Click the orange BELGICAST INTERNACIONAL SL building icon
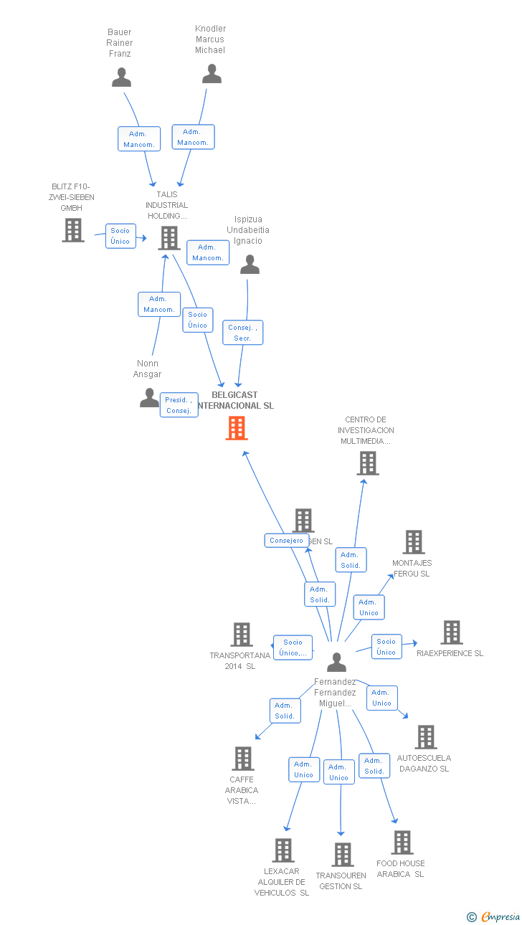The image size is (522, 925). (237, 428)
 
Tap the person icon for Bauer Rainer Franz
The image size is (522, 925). (121, 77)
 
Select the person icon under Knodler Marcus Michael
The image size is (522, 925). (212, 74)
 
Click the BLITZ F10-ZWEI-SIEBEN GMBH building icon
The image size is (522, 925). (73, 230)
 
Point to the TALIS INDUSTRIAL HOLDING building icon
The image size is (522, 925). (169, 238)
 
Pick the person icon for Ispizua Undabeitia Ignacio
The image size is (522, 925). (250, 265)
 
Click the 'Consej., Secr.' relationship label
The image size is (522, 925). (242, 332)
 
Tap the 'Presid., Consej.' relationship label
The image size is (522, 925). (179, 405)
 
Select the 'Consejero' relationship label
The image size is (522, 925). (286, 541)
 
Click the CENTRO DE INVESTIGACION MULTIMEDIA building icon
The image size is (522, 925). (368, 463)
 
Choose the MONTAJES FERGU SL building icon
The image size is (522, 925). (414, 542)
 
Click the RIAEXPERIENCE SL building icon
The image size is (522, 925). (452, 632)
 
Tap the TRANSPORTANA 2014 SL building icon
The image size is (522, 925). (242, 635)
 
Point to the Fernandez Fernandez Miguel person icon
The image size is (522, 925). (336, 663)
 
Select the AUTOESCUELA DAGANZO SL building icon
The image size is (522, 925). (426, 737)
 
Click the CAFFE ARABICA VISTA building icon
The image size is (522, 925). (243, 759)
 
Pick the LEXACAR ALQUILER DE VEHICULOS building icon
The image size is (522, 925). (283, 850)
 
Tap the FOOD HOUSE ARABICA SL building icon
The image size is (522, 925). (402, 843)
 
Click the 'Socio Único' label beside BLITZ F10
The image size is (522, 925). (120, 236)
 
